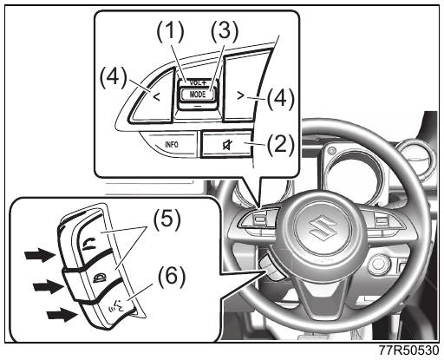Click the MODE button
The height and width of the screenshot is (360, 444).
click(198, 95)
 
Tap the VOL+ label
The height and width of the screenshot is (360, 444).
click(198, 82)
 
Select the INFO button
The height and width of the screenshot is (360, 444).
click(172, 144)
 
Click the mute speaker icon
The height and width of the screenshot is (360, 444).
click(226, 144)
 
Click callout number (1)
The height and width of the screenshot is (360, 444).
click(170, 31)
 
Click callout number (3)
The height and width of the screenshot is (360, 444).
click(225, 31)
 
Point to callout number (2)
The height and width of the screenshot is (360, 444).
click(280, 144)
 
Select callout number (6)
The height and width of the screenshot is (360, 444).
click(171, 277)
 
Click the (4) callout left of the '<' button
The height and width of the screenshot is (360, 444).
click(114, 76)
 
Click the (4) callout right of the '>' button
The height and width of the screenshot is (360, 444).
click(280, 99)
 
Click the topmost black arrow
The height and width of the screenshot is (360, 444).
click(40, 255)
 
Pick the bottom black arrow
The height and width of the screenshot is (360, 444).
click(62, 314)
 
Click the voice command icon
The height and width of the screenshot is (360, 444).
click(116, 307)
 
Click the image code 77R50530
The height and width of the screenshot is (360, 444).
click(408, 351)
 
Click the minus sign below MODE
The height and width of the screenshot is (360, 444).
click(198, 106)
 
